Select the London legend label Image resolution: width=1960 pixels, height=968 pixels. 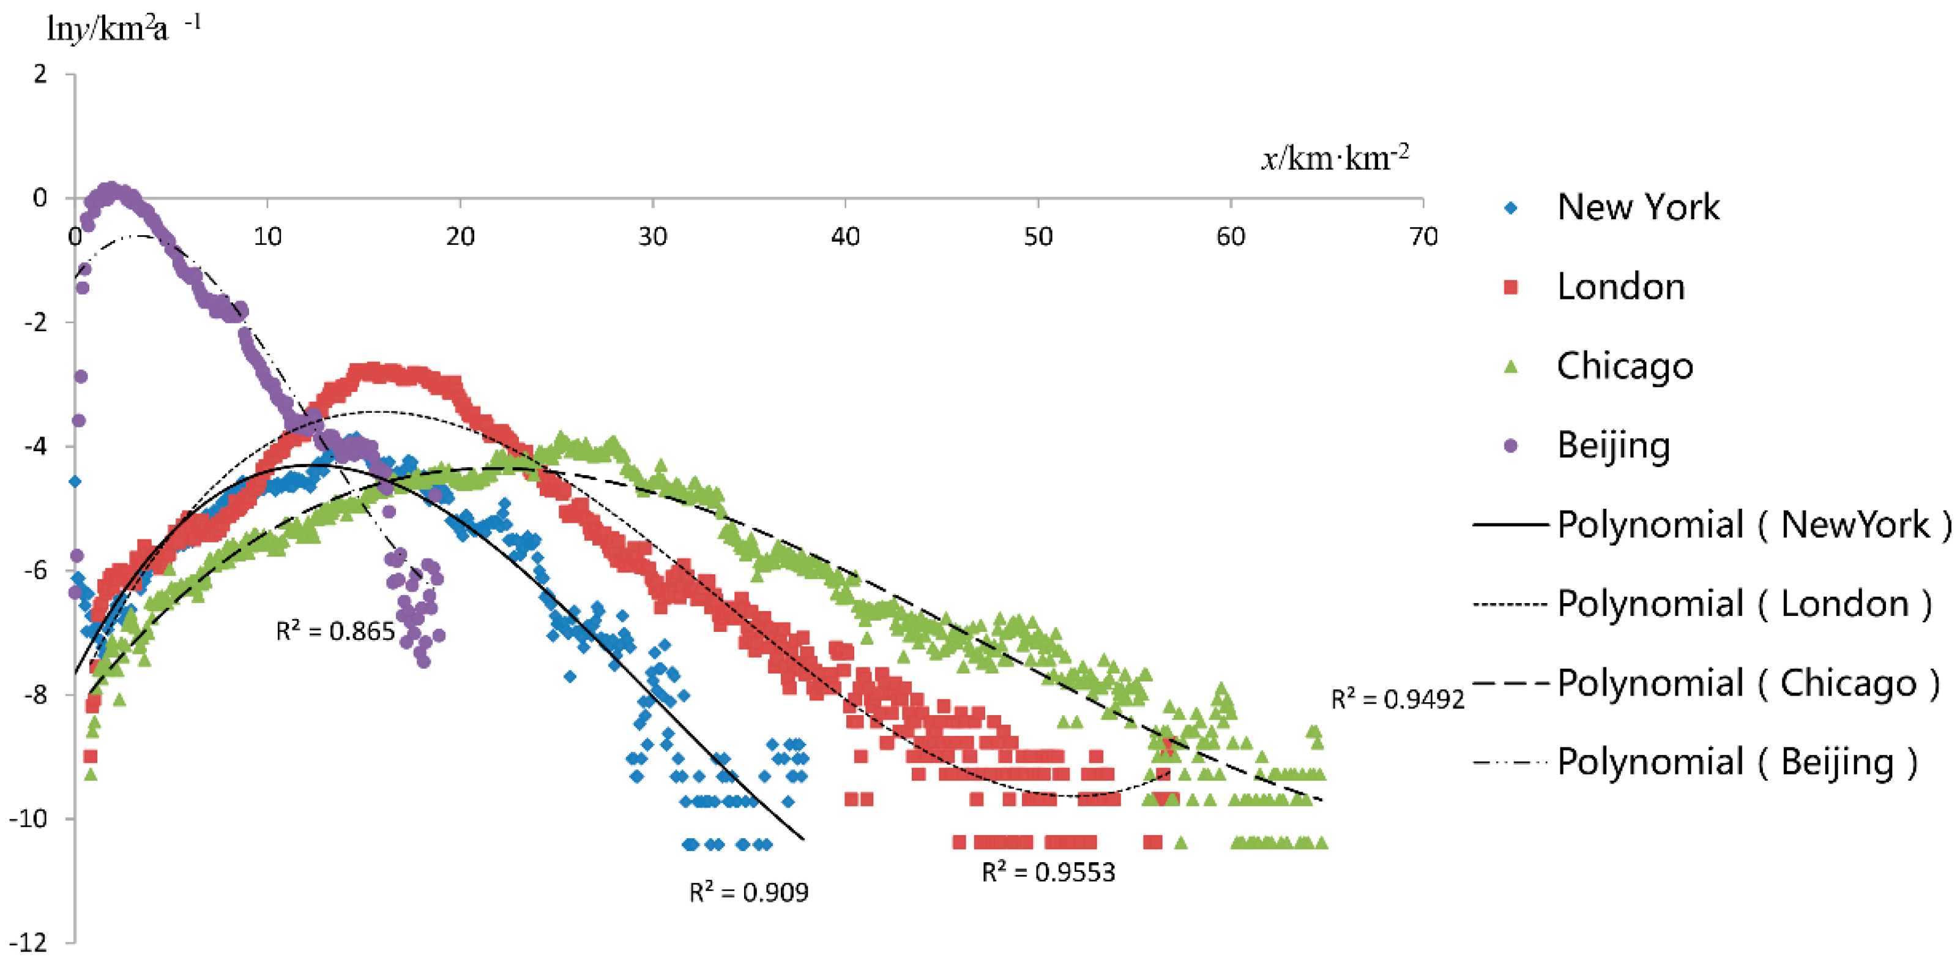pos(1620,287)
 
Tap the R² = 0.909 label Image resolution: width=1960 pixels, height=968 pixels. pos(749,893)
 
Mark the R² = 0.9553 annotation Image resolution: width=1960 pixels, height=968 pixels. pos(1048,872)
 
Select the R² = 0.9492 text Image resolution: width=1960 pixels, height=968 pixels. pos(1397,699)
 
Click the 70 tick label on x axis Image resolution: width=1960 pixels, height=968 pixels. pos(1423,238)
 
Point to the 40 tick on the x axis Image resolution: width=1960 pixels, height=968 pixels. pos(845,238)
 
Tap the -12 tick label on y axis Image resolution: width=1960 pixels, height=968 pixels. pos(29,944)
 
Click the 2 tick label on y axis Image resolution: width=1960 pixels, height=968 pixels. pos(40,74)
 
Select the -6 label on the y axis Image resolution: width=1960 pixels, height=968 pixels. pos(35,571)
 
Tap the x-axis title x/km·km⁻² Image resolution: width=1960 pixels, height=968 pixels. pos(1335,157)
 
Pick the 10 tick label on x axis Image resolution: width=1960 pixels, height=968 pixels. pos(267,238)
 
